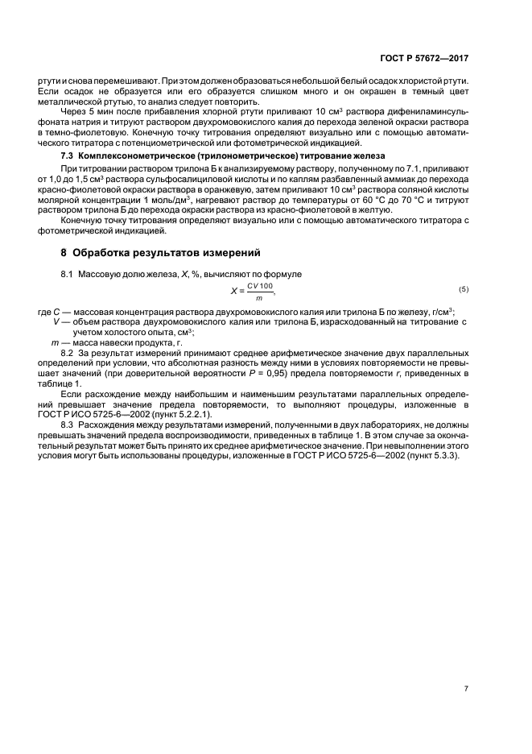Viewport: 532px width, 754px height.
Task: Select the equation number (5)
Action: point(464,288)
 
